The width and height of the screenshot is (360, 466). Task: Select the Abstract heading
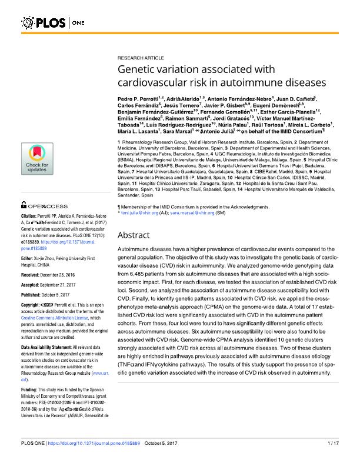pos(136,235)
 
